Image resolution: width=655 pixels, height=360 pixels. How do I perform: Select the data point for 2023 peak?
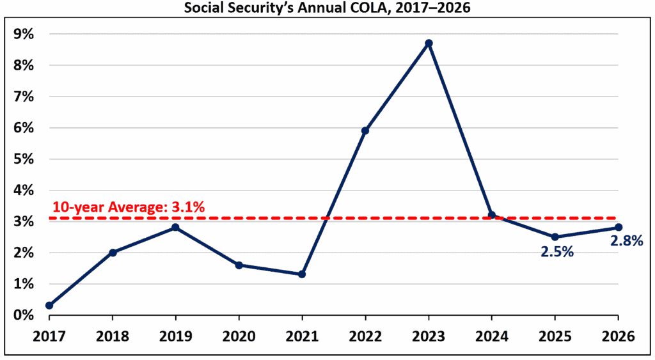click(429, 43)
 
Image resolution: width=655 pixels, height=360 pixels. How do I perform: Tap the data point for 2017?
click(49, 306)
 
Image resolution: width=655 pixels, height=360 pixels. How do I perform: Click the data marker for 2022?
click(365, 130)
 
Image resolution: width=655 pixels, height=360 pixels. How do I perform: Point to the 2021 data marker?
click(302, 274)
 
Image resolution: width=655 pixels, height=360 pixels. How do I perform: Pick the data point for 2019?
click(175, 228)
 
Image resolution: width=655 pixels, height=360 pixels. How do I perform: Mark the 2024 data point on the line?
click(491, 215)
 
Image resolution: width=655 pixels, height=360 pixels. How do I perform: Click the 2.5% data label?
click(555, 252)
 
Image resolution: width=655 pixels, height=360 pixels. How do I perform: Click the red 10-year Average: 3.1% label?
click(128, 207)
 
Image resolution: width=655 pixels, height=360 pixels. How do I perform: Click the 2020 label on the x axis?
click(239, 336)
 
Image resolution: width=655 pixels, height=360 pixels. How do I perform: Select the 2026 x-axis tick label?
click(618, 336)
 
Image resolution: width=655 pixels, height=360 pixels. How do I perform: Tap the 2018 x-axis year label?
click(113, 336)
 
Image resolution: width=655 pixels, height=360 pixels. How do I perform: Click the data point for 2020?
click(239, 265)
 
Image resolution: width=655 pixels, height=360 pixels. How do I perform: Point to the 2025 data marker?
click(555, 237)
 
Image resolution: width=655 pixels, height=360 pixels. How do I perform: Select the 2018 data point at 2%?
click(113, 253)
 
